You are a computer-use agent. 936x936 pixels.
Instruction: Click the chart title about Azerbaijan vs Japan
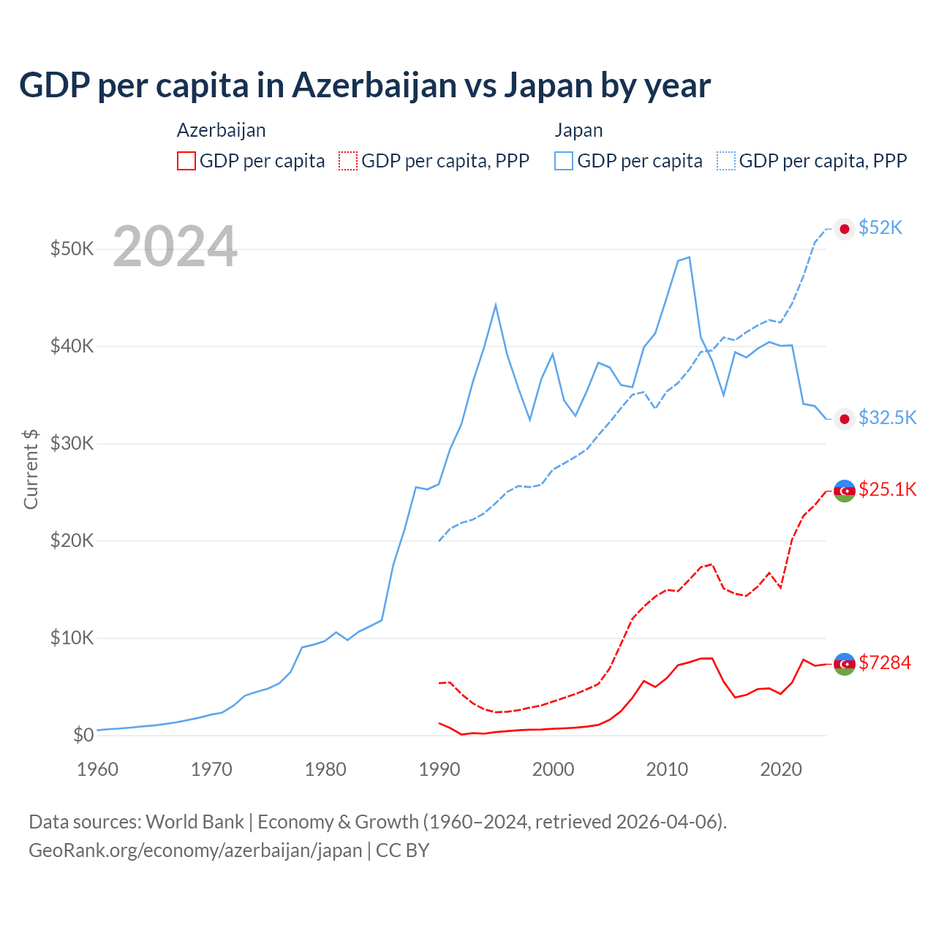click(x=364, y=86)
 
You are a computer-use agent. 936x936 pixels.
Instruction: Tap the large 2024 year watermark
click(x=175, y=247)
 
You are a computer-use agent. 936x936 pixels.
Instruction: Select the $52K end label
click(x=880, y=228)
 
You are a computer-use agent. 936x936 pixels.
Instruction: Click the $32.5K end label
click(x=887, y=418)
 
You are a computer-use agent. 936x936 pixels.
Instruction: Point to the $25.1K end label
click(x=887, y=489)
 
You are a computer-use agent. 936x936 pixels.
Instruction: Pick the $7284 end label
click(x=884, y=663)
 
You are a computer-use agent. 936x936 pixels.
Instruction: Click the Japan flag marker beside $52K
click(x=845, y=229)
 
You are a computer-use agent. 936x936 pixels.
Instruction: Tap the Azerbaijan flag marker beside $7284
click(x=845, y=663)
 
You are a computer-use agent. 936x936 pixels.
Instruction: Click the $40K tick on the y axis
click(x=72, y=346)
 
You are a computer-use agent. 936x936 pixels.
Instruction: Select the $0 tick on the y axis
click(x=83, y=735)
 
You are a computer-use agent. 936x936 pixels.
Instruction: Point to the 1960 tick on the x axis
click(x=97, y=769)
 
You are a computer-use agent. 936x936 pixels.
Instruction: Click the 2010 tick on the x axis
click(x=667, y=769)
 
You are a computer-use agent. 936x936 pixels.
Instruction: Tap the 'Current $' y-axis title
click(x=31, y=469)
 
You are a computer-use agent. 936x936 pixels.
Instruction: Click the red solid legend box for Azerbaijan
click(x=186, y=161)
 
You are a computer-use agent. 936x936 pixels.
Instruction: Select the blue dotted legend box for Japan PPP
click(x=726, y=161)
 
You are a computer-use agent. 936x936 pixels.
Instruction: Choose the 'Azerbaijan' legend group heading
click(x=221, y=130)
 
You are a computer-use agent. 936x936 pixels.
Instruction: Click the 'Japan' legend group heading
click(x=578, y=130)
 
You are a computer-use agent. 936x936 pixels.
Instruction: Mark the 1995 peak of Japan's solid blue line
click(x=496, y=304)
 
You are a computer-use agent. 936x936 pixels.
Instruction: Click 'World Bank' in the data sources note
click(x=195, y=822)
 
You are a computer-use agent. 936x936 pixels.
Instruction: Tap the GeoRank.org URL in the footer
click(x=195, y=850)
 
